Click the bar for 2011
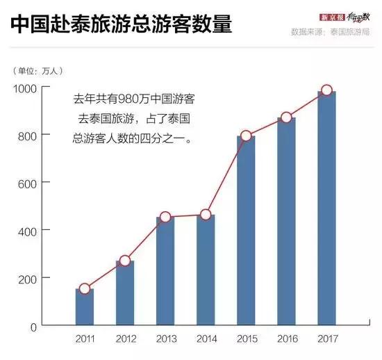pos(85,306)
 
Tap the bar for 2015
pos(246,230)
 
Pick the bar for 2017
pos(326,208)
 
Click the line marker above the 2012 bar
pos(125,261)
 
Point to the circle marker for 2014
pos(206,215)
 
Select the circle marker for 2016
pos(286,117)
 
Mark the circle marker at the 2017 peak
pos(326,90)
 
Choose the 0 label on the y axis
pos(33,325)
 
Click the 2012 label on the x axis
pos(125,338)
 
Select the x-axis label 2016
pos(286,338)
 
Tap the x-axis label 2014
pos(206,338)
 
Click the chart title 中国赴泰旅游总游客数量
pos(121,25)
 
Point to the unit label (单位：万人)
pos(39,70)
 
